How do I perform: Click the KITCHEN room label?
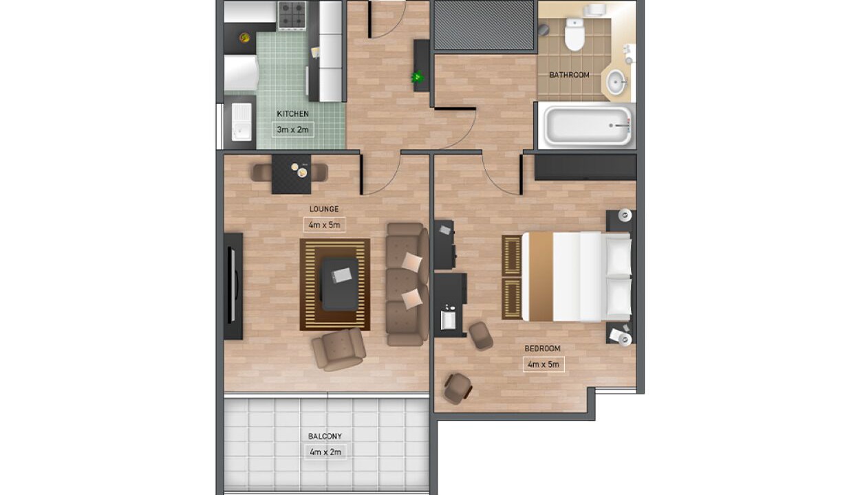(292, 114)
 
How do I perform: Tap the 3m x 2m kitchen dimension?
(292, 130)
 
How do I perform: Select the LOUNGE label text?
(324, 209)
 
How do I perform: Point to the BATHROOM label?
(569, 75)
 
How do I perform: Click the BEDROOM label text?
(543, 349)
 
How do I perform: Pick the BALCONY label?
(325, 437)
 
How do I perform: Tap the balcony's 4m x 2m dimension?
(325, 452)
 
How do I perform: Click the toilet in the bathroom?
(574, 34)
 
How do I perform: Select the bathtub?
(587, 126)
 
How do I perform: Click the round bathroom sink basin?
(616, 82)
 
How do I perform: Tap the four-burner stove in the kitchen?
(292, 15)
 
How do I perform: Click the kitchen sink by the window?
(241, 121)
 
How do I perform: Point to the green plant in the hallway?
(418, 77)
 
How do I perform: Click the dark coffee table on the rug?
(340, 284)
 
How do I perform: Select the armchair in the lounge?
(339, 349)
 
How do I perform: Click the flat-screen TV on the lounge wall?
(232, 285)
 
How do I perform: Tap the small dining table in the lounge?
(292, 174)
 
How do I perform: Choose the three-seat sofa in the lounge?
(407, 285)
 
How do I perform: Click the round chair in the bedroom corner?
(458, 388)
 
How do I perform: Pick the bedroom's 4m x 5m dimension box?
(544, 364)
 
